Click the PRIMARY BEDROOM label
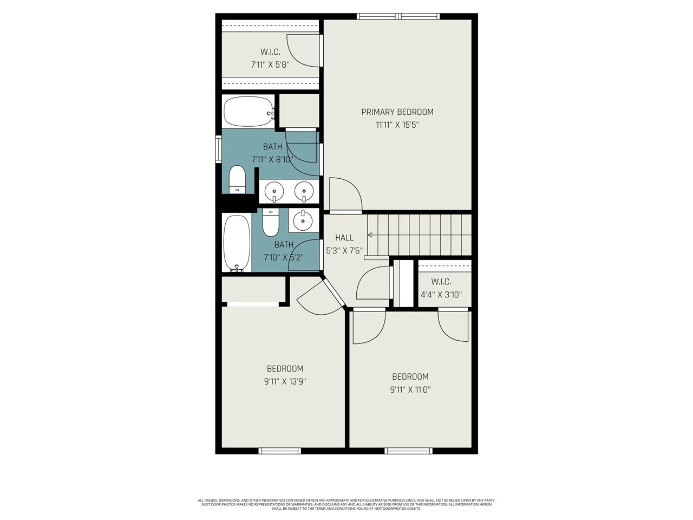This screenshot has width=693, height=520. coord(397,112)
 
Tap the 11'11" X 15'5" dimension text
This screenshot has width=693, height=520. coord(397,125)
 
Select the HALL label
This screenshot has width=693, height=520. coord(344,238)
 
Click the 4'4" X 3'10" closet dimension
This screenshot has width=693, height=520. coord(441,295)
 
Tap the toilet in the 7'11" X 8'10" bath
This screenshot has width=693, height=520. coord(237,180)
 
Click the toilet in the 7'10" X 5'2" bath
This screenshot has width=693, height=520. coord(271,222)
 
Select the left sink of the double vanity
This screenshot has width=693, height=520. coord(274,191)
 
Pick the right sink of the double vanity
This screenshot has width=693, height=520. coord(304,191)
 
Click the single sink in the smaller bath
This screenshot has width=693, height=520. coord(303,220)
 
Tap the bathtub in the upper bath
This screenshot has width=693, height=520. coord(248,111)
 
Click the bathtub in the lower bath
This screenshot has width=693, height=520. coord(237,243)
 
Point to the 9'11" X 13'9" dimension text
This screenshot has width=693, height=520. coord(285,381)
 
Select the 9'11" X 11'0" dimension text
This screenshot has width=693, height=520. coord(410,389)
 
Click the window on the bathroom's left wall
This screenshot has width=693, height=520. coord(218,149)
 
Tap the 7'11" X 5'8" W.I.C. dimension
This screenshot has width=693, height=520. coord(270,64)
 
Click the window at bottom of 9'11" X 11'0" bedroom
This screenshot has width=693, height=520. coord(409,451)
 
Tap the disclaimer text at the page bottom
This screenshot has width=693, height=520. coord(346,504)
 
